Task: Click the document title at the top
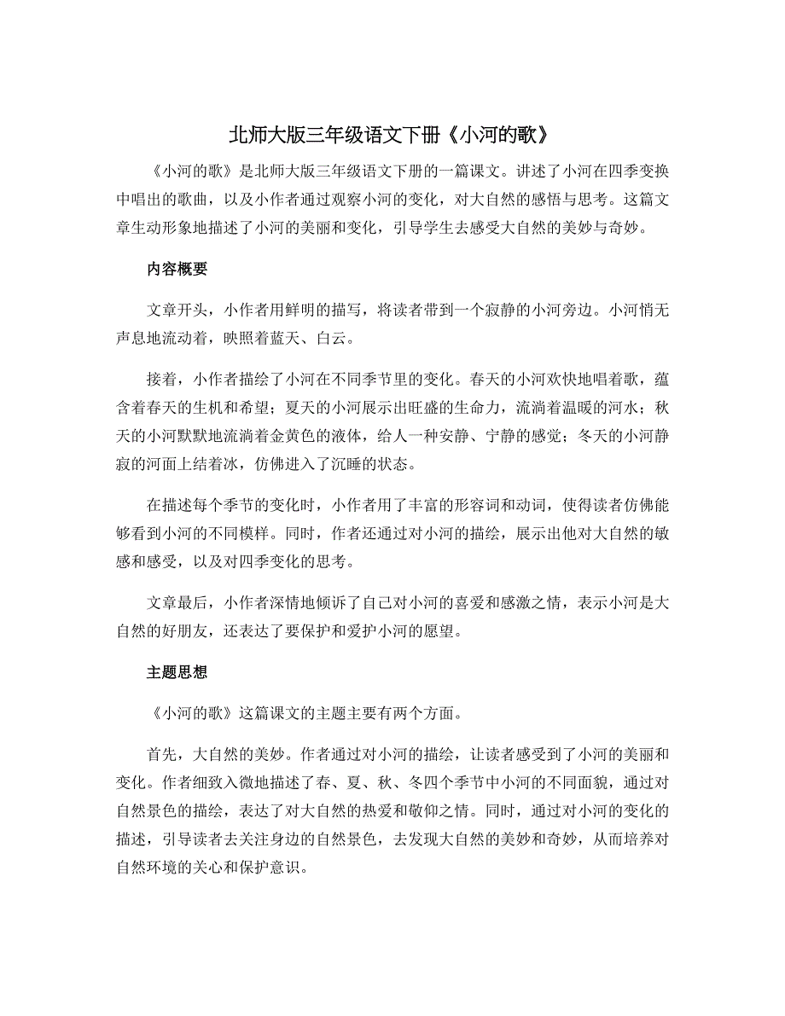(x=392, y=135)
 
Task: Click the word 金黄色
(x=309, y=438)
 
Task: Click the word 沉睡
(x=347, y=465)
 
